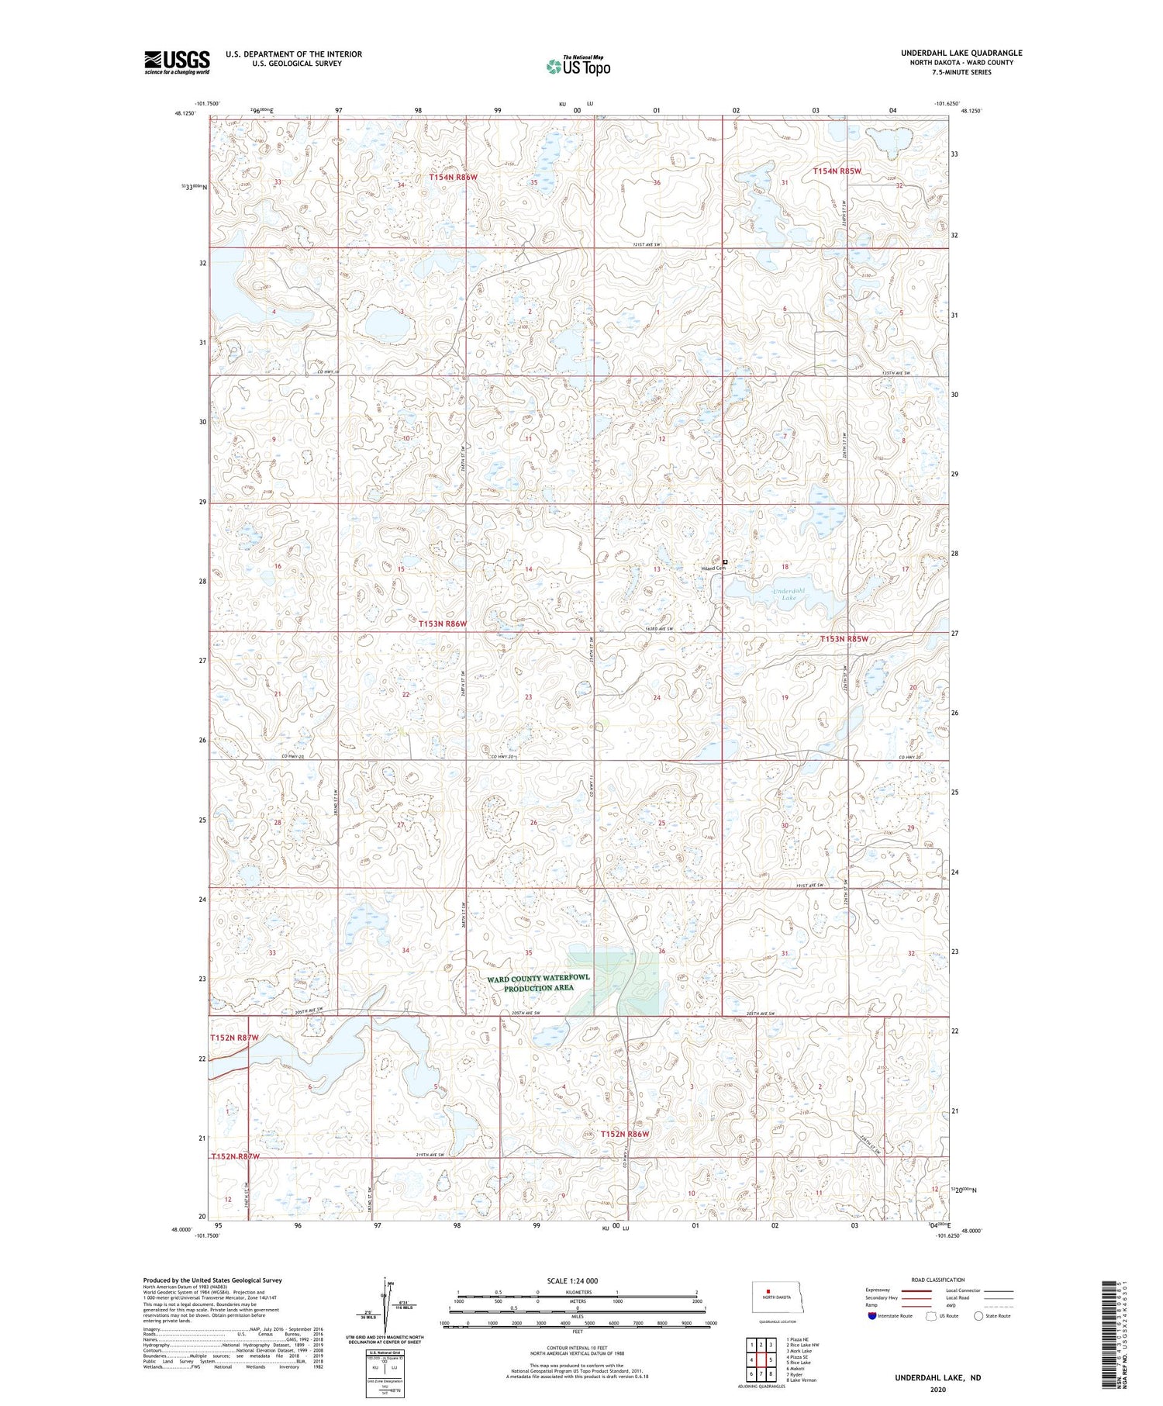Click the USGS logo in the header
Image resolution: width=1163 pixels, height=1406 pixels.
pos(177,62)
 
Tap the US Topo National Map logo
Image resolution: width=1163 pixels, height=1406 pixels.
pos(578,66)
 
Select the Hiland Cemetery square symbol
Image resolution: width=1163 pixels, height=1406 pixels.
pos(726,561)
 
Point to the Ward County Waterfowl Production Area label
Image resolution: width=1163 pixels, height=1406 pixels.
pos(538,983)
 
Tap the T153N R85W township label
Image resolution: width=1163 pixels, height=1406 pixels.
pos(844,639)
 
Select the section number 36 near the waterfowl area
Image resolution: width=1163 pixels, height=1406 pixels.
pos(661,951)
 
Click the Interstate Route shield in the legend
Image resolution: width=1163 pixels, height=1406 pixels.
pos(873,1316)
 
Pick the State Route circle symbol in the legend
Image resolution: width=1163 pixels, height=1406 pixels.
pos(979,1315)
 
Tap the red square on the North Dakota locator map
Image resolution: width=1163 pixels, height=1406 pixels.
pos(768,1291)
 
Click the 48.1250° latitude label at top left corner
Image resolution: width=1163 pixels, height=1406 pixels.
pos(185,112)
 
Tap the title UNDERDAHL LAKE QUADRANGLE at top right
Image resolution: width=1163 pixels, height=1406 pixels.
pos(961,53)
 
